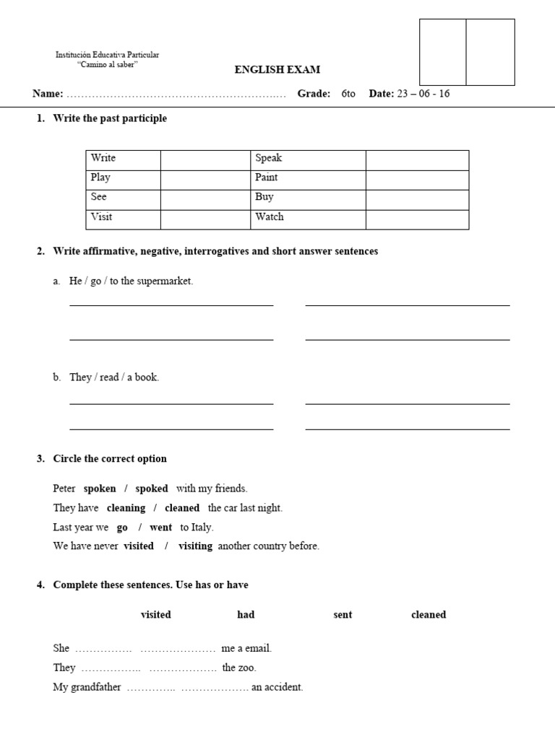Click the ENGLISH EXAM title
277,70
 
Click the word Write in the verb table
103,158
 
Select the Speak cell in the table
268,158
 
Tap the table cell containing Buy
264,196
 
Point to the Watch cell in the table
270,217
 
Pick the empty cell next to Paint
417,178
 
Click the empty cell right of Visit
205,217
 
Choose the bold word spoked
152,489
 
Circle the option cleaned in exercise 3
182,508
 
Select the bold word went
161,528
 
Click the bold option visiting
196,546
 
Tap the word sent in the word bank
343,615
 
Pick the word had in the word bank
246,615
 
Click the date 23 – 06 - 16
423,94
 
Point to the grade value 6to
348,94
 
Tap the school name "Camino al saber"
108,65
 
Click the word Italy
202,528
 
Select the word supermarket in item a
166,281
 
